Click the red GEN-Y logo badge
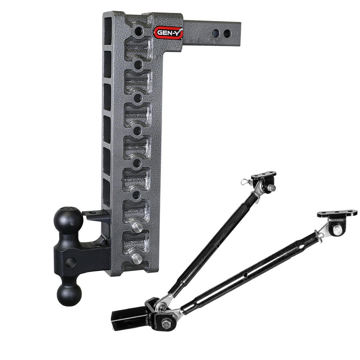pyautogui.click(x=168, y=33)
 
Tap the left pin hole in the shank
pyautogui.click(x=216, y=33)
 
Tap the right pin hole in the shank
pyautogui.click(x=227, y=33)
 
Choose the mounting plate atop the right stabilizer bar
pyautogui.click(x=337, y=213)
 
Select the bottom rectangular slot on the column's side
pyautogui.click(x=107, y=192)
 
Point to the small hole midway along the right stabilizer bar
pyautogui.click(x=245, y=275)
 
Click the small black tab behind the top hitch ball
pyautogui.click(x=92, y=214)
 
